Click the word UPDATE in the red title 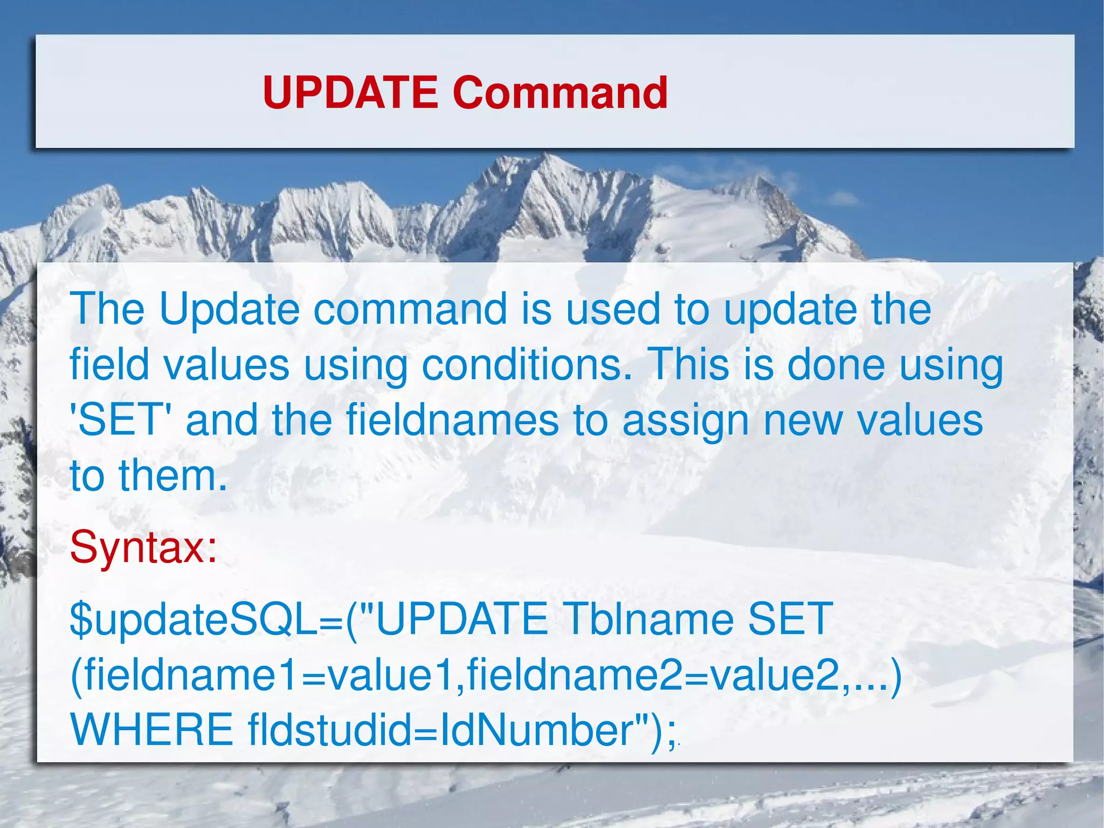pos(350,92)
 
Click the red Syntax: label pos(143,547)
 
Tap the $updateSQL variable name pos(194,619)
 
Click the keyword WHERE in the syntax pos(152,729)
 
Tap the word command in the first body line pos(410,309)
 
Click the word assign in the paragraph pos(686,420)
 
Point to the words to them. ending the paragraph pos(149,476)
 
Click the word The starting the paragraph pos(107,309)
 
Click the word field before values pos(109,365)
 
